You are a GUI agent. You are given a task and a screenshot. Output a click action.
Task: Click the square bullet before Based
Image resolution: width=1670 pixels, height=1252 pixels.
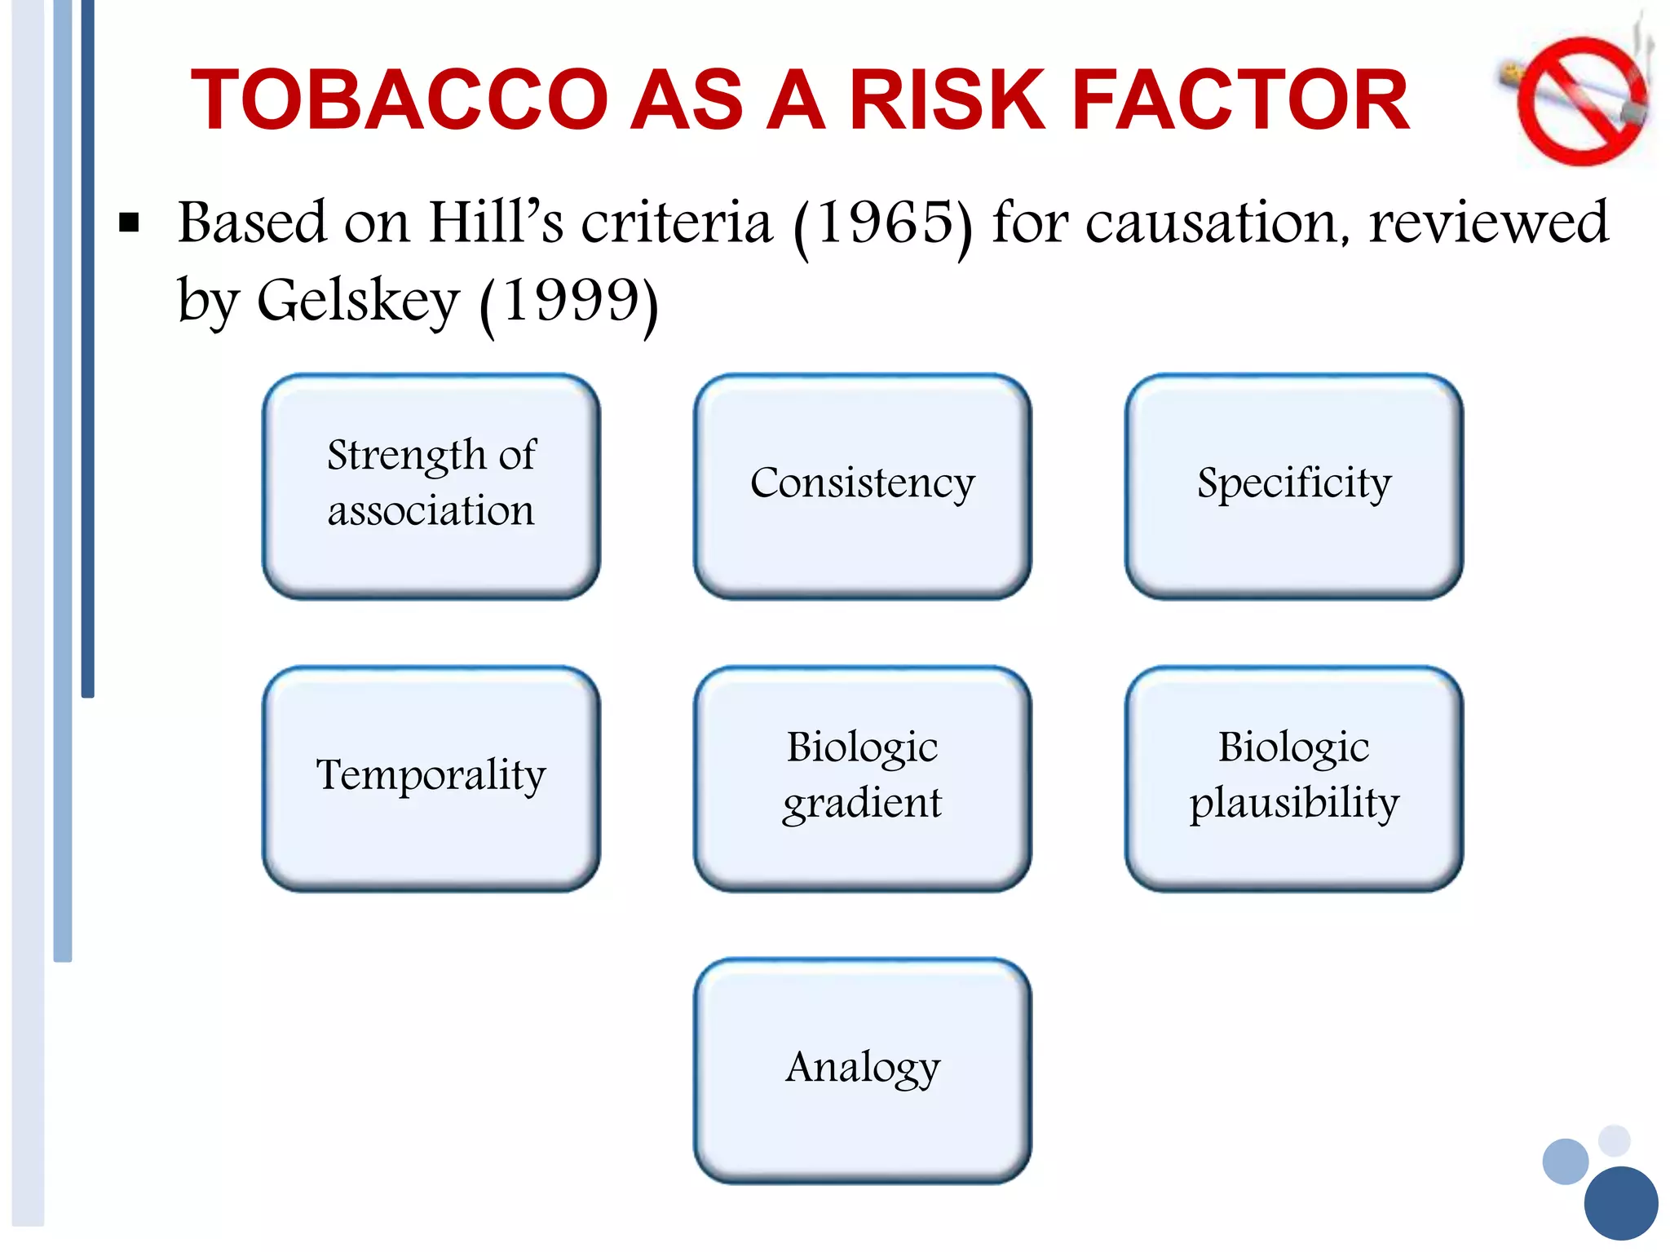pos(129,223)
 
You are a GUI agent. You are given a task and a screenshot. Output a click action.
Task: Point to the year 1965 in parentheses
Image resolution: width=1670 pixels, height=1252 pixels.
pos(884,223)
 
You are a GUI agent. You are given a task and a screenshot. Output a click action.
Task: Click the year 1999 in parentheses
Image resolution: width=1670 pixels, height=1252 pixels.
pos(568,302)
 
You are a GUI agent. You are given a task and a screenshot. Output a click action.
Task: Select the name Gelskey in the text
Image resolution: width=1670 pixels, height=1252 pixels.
pos(359,302)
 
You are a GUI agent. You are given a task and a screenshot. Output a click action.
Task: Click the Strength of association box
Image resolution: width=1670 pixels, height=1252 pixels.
pos(431,487)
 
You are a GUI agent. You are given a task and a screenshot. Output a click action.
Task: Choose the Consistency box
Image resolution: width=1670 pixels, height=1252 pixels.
pos(862,487)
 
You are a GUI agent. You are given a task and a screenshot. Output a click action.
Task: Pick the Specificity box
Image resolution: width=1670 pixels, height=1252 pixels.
pos(1293,487)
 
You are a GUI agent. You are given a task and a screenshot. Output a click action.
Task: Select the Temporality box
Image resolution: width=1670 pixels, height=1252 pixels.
pos(431,778)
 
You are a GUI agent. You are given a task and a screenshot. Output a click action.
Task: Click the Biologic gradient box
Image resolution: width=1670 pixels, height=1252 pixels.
pos(862,778)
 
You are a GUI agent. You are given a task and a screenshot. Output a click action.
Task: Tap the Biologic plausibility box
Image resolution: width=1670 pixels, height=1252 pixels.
pos(1293,778)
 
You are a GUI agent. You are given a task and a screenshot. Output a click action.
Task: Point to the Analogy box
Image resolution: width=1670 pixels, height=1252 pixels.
pos(862,1069)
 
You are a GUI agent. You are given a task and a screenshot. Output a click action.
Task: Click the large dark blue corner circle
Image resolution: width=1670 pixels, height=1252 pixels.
pos(1620,1203)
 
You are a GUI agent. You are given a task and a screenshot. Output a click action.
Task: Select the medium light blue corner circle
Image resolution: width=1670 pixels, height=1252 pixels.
pos(1565,1162)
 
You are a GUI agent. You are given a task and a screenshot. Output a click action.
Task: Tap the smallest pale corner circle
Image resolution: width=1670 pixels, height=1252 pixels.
pos(1614,1140)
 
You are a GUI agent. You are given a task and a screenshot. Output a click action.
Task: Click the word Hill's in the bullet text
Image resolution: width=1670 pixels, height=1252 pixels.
pos(496,223)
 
